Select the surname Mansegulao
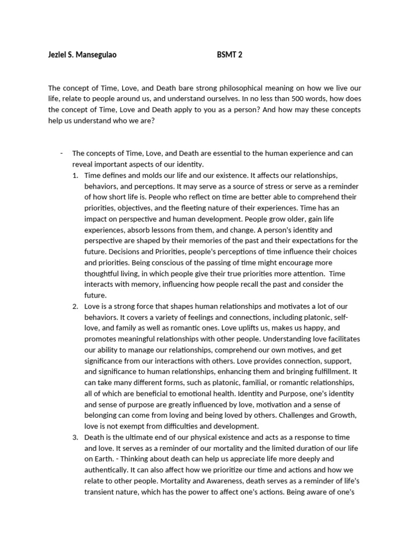[x=96, y=54]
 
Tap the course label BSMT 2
[x=230, y=54]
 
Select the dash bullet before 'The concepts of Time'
[x=61, y=153]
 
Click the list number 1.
[x=75, y=175]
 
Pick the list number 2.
[x=75, y=306]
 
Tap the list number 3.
[x=75, y=437]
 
